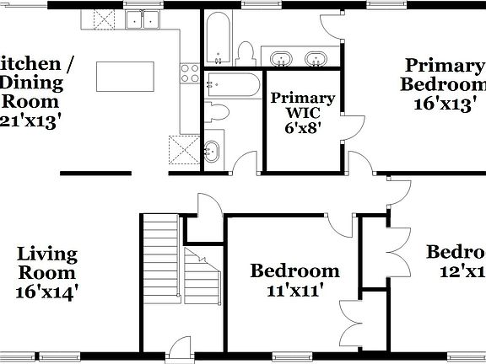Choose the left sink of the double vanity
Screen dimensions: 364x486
click(281, 58)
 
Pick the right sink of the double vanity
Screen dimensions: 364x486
click(316, 58)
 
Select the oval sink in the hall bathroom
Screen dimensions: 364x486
click(212, 152)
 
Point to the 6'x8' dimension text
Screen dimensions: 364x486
click(302, 129)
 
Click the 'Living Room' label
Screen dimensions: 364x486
click(47, 263)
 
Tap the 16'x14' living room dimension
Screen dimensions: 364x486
click(47, 292)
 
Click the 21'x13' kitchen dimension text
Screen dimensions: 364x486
click(30, 120)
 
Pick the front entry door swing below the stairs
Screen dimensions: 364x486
click(178, 348)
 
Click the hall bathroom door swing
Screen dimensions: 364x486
click(246, 160)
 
